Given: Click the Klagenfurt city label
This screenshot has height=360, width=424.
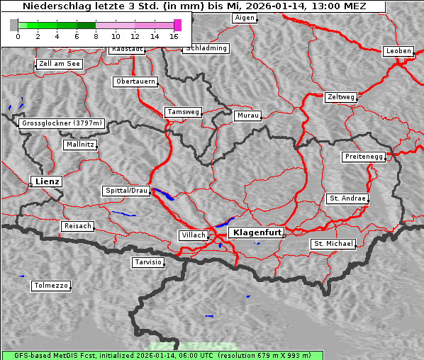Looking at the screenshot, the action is click(x=257, y=232).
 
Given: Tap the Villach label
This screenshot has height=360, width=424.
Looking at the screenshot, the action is click(x=193, y=235).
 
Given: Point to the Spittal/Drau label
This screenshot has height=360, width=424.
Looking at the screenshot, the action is click(x=126, y=191).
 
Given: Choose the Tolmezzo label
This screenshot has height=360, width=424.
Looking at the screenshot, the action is click(x=50, y=286).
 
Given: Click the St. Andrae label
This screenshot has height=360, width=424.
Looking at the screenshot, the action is click(x=347, y=198).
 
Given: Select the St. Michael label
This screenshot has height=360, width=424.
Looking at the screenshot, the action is click(x=333, y=244).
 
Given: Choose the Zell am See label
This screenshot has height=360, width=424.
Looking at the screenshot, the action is click(x=60, y=64).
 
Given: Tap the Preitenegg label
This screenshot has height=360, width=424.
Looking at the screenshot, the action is click(x=364, y=156).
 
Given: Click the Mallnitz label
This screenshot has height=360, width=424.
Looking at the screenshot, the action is click(x=79, y=145).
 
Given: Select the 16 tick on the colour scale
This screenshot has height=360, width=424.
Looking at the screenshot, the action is click(x=174, y=35).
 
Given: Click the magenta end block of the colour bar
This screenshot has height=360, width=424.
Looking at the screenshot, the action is click(x=177, y=25).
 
